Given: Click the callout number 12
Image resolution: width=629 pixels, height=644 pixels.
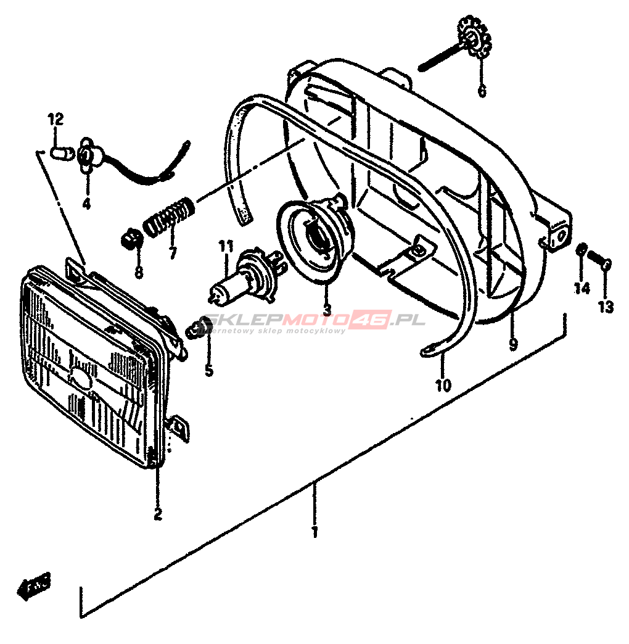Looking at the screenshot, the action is click(55, 119).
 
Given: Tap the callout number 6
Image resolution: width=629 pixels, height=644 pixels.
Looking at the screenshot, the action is click(482, 91).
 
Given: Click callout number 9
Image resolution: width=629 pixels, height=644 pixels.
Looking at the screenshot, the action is click(514, 344).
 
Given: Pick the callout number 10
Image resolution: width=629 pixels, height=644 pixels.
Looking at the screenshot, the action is click(443, 386).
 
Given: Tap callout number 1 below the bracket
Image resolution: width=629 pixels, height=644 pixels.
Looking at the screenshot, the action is click(314, 531).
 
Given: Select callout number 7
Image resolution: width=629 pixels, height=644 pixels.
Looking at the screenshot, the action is click(172, 252).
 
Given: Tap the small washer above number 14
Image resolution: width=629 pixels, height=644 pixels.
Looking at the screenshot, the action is click(581, 250).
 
